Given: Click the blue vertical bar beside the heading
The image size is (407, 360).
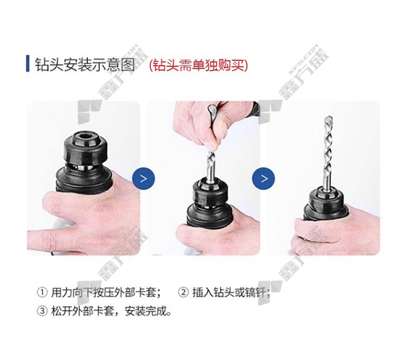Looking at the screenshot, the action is point(28,64).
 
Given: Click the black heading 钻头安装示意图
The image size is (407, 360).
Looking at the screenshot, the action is point(85,64).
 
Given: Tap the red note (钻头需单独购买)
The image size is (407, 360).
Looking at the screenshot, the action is point(199,65).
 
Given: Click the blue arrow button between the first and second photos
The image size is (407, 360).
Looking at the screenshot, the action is point(144,179).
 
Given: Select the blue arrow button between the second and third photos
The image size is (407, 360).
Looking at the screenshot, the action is point(264,179).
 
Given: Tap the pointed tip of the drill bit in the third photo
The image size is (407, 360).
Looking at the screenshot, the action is point(327,117).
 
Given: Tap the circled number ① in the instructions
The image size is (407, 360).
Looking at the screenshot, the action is point(42,293).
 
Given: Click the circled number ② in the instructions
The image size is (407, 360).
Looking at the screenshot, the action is point(183,293).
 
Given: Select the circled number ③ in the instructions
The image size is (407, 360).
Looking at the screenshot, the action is point(42,311).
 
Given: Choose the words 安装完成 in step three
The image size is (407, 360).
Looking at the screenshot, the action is point(145,311).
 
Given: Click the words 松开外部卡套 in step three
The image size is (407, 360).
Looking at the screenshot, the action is point(82,311).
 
